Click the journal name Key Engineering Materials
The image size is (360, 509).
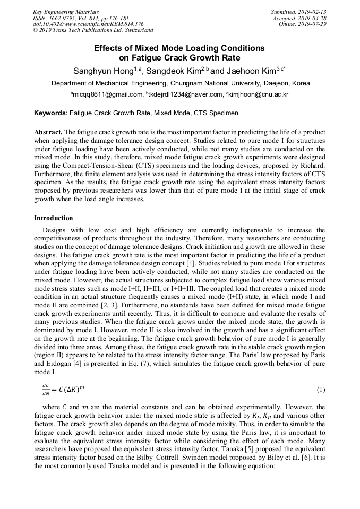pyautogui.click(x=65, y=12)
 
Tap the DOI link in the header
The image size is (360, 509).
pyautogui.click(x=88, y=24)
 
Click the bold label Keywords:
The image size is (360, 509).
pyautogui.click(x=50, y=113)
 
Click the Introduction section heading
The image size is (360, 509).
pyautogui.click(x=54, y=218)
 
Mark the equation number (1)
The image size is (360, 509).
pyautogui.click(x=321, y=390)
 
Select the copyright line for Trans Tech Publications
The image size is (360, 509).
pyautogui.click(x=93, y=30)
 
